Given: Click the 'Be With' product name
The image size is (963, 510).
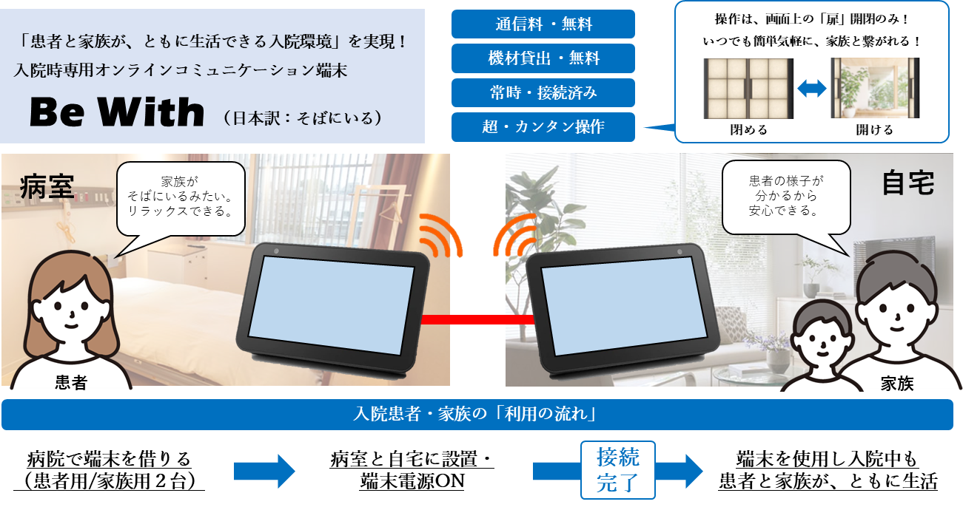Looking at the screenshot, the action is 117,112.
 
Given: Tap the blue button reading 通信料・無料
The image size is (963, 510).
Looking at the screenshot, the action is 543,24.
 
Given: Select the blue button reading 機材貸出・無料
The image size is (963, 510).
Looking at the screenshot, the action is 543,58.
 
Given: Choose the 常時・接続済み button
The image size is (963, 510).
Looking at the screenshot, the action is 543,92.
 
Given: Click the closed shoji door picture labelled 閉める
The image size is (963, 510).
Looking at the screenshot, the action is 748,89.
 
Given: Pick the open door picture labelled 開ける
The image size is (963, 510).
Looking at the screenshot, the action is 875,88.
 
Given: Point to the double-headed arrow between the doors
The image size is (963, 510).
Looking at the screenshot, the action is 812,89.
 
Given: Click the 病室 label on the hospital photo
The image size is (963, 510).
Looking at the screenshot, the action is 47,187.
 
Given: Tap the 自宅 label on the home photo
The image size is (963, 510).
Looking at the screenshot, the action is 908,183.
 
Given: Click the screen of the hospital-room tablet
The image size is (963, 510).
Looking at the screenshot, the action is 330,305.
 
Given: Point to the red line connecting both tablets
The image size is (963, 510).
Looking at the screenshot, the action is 477,319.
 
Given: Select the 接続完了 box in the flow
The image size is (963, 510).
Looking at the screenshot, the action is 618,470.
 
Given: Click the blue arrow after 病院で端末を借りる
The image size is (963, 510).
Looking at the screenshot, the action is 264,472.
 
